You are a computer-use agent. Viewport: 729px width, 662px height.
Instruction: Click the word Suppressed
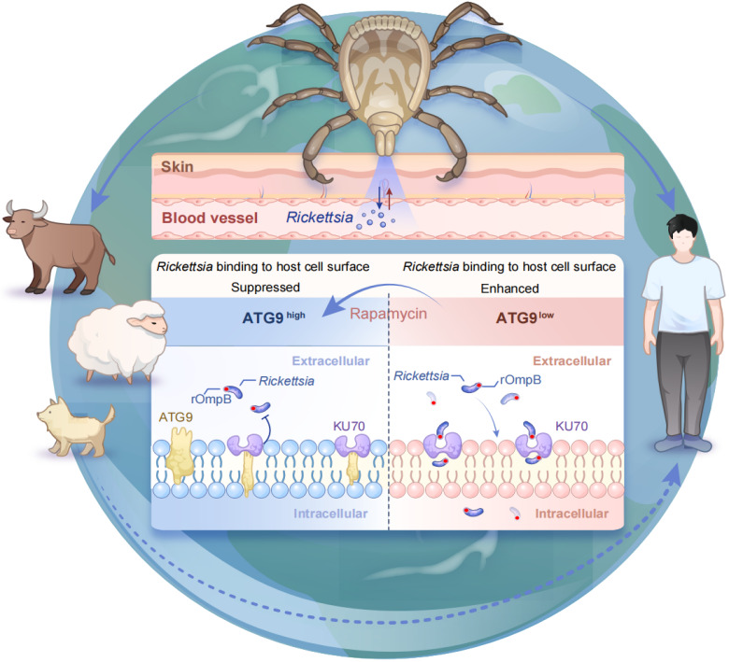click(264, 289)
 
